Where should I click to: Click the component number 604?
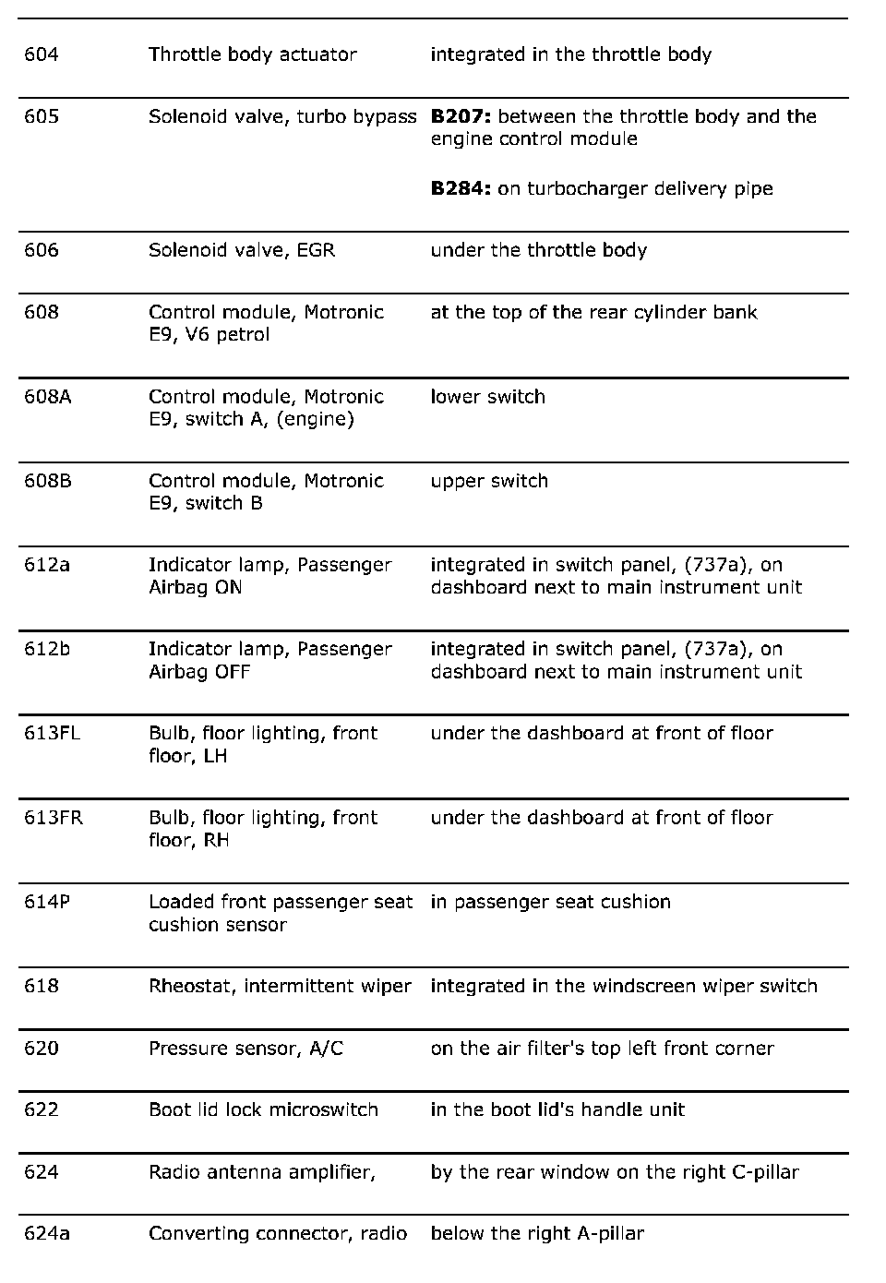pos(42,54)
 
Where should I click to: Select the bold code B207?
pos(461,116)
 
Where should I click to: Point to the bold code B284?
pos(461,188)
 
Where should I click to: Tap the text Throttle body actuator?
pos(252,54)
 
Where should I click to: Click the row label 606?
pos(42,250)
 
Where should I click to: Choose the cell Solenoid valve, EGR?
pos(242,250)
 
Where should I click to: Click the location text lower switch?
pos(487,397)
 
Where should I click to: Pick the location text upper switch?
pos(489,481)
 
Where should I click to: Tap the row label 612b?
pos(47,649)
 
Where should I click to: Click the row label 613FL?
pos(53,733)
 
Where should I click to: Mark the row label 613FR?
pos(54,818)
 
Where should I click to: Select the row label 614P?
pos(47,902)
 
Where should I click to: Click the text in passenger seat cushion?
pos(550,902)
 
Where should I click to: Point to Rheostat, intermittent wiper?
pos(280,986)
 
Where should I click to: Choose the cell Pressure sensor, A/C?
pos(245,1049)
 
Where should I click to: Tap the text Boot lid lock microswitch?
pos(263,1109)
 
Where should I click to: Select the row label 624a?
pos(47,1233)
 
